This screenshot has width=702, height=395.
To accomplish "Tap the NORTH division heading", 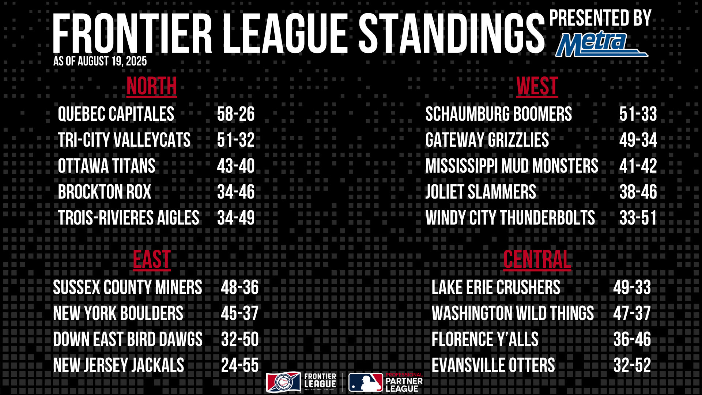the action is (152, 87).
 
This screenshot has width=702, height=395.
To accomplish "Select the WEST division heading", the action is (537, 87).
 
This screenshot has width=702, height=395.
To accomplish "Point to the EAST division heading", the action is (152, 260).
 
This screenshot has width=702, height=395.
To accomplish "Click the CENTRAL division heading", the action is (537, 260).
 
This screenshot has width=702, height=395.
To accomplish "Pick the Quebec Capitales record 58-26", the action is (236, 114).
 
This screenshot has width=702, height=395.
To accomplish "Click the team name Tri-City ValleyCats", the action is (124, 140).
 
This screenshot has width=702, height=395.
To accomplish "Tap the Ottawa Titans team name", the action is (106, 166).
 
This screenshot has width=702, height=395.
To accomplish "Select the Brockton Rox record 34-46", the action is (236, 192).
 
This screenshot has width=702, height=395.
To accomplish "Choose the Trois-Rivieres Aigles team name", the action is (128, 218).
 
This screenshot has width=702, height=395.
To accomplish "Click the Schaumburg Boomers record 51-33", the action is (638, 114).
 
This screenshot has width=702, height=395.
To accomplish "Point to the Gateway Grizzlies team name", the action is (487, 140).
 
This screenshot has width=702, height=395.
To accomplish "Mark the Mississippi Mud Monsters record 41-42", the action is (638, 166).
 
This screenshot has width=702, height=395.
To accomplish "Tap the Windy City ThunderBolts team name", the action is (510, 218).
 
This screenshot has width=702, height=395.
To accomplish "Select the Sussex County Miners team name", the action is (128, 287).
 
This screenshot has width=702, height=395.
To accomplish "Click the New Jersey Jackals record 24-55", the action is (240, 365).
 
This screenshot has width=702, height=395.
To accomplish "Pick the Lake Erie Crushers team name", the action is (496, 287).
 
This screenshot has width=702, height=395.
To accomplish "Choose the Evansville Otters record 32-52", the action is (632, 365).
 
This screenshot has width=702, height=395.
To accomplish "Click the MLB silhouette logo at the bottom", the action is (366, 383).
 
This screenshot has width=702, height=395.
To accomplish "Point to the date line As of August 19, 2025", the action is (100, 61).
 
